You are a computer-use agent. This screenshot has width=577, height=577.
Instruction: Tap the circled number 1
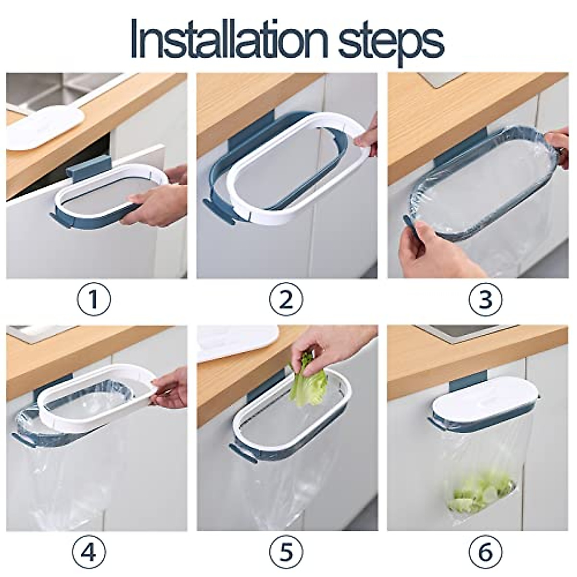[94, 299]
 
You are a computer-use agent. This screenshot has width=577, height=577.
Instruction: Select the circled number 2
[286, 299]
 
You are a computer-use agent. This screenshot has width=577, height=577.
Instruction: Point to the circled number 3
[485, 299]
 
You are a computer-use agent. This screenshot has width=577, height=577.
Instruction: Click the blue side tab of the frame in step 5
[240, 452]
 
